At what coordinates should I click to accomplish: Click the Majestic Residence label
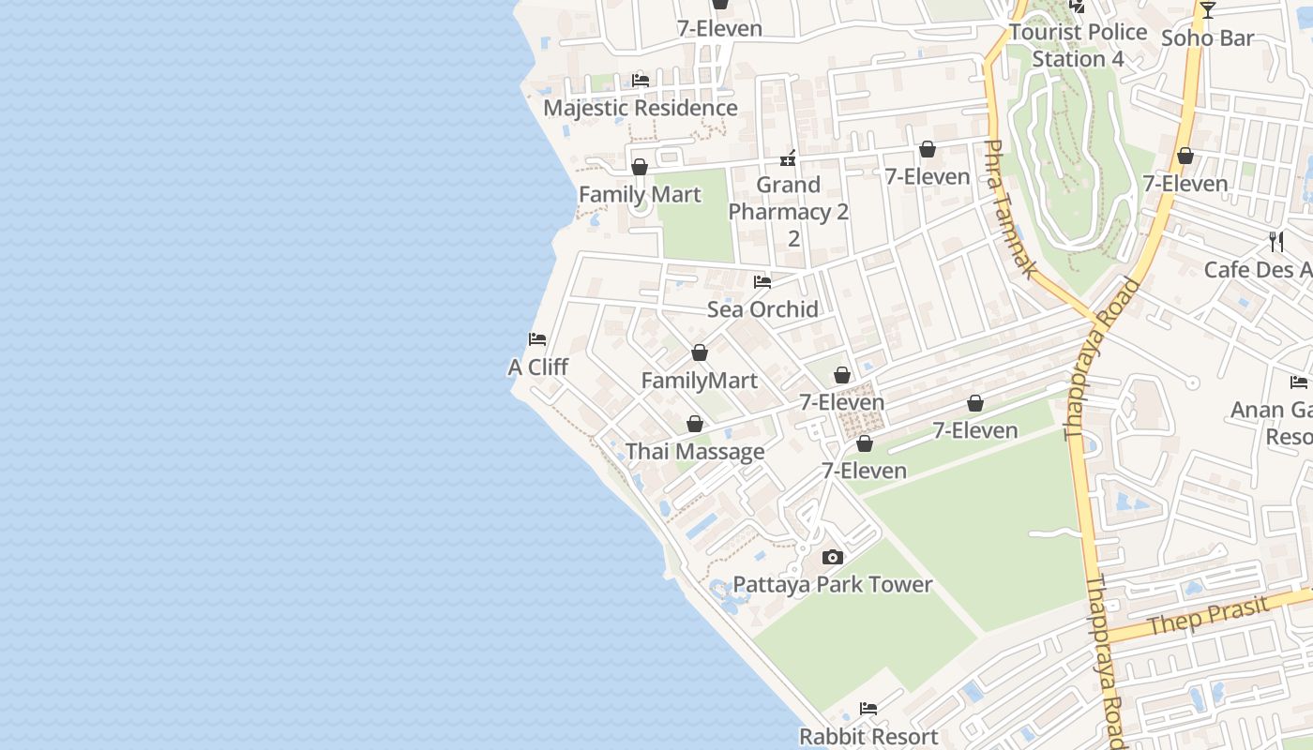pyautogui.click(x=640, y=108)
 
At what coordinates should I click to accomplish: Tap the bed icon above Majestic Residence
pyautogui.click(x=641, y=81)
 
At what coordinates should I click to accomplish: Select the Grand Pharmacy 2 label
pyautogui.click(x=788, y=211)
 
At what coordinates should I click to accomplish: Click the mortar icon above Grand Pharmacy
pyautogui.click(x=788, y=157)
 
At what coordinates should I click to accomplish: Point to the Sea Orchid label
pyautogui.click(x=762, y=309)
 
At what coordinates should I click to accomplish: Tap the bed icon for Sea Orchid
pyautogui.click(x=762, y=281)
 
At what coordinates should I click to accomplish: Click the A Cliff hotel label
pyautogui.click(x=538, y=367)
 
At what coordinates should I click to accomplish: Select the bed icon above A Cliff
pyautogui.click(x=537, y=338)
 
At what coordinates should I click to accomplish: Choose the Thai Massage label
pyautogui.click(x=695, y=452)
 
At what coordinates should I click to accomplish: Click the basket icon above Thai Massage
pyautogui.click(x=695, y=424)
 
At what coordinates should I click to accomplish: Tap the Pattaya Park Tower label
pyautogui.click(x=832, y=585)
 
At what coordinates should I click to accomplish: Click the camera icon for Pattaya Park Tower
pyautogui.click(x=832, y=557)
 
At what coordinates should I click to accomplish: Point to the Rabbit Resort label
pyautogui.click(x=868, y=737)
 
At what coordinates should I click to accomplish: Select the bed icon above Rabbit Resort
pyautogui.click(x=868, y=709)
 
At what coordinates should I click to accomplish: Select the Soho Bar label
pyautogui.click(x=1207, y=38)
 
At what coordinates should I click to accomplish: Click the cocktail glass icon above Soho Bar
pyautogui.click(x=1208, y=10)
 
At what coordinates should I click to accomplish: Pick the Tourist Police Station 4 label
pyautogui.click(x=1078, y=45)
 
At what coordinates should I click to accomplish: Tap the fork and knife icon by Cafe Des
pyautogui.click(x=1275, y=242)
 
